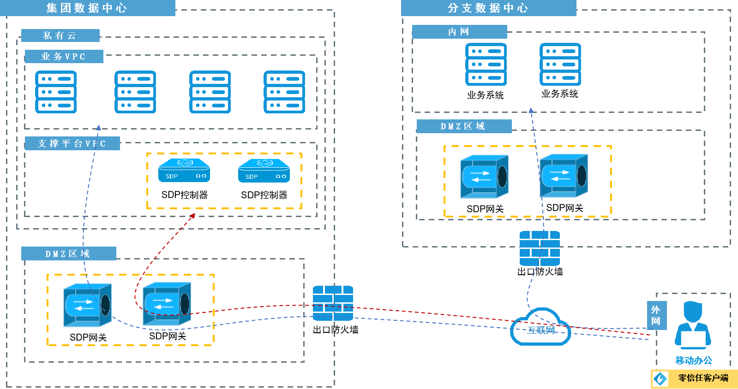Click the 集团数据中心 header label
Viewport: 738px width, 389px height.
point(87,8)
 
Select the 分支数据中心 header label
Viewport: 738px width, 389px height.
point(488,8)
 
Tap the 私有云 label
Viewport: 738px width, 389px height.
point(60,35)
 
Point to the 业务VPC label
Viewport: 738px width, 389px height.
point(63,57)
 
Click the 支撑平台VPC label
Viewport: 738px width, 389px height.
point(72,143)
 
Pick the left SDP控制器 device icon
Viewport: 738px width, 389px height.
point(184,171)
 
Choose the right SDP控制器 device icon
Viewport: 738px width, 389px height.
point(264,171)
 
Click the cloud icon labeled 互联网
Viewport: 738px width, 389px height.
point(540,328)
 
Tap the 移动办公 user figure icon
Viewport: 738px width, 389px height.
point(693,325)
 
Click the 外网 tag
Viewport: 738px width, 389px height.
point(656,315)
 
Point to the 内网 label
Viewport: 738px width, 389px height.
point(459,32)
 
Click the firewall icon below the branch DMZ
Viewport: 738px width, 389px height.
point(540,248)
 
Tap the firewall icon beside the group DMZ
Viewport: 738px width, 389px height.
point(333,303)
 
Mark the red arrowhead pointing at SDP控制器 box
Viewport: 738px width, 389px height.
point(193,216)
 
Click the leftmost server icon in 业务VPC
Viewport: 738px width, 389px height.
point(56,92)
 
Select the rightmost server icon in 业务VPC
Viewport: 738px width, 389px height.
point(284,92)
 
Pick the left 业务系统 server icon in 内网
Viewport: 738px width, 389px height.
point(486,65)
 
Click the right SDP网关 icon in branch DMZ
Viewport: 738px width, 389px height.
point(564,176)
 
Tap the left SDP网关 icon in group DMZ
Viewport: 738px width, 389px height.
point(87,305)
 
